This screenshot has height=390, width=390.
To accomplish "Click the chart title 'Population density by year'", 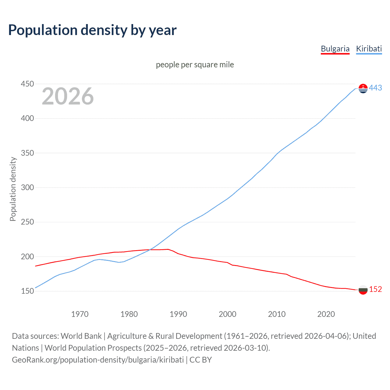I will (92, 30).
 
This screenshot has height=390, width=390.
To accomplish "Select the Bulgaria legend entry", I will (335, 49).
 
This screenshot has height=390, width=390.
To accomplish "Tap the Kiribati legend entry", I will (369, 49).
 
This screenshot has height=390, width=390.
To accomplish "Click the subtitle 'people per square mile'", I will (195, 65).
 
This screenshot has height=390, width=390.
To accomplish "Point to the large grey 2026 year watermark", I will (68, 96).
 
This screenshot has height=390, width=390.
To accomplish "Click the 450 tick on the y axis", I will (27, 84).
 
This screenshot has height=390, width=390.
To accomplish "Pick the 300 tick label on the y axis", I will (27, 187).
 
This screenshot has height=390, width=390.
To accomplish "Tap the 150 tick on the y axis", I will (27, 291).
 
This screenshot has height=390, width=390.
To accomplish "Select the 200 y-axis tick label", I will (27, 257).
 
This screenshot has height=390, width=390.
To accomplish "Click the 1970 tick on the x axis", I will (80, 314).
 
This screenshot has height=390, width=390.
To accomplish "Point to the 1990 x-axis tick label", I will (178, 314).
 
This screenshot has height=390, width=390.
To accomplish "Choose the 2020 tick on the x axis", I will (326, 314).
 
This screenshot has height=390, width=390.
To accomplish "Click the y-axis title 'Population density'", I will (13, 189).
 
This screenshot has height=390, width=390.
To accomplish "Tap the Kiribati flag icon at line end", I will (363, 88).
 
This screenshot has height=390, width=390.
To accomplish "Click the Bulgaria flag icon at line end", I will (363, 290).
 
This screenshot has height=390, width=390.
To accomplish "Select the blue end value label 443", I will (375, 88).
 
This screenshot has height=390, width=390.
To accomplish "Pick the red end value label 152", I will (375, 289).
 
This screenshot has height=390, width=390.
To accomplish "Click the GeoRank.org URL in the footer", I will (98, 360).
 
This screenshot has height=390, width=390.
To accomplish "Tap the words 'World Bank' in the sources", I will (81, 336).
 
